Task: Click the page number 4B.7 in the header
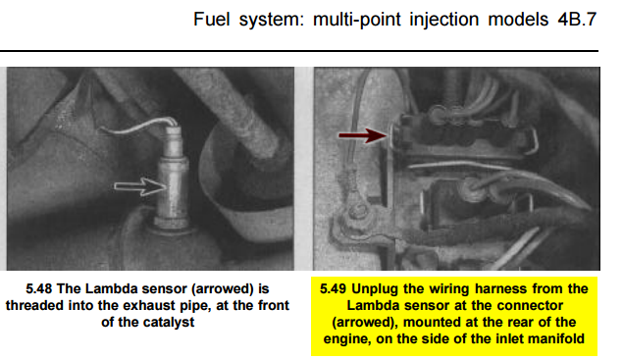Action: pos(577,19)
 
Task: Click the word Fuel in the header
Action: pos(211,19)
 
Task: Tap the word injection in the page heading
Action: pos(443,20)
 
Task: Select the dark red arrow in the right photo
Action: pos(362,135)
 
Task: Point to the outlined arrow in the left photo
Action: pos(140,186)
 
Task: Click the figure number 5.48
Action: pos(39,288)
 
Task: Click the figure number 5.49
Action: pos(333,288)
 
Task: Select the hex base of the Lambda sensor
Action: pos(172,223)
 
